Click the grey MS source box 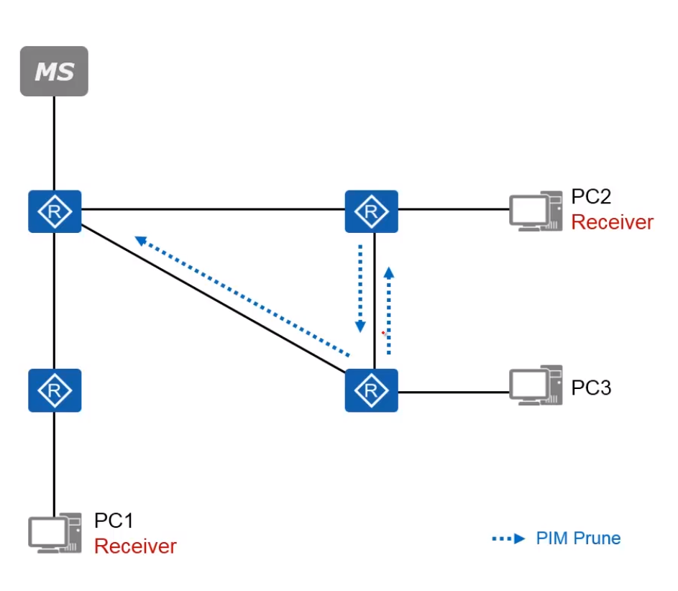pos(54,71)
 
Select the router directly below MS pos(55,211)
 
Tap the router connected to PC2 pos(371,211)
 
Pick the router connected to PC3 pos(371,390)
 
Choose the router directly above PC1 pos(55,390)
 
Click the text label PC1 pos(114,521)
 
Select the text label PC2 pos(591,196)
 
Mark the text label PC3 pos(591,388)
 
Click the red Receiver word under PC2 pos(612,222)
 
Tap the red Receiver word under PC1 pos(135,546)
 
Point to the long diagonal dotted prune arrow pos(242,295)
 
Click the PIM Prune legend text pos(578,539)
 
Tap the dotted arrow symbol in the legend pos(509,539)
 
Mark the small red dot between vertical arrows pos(383,333)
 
